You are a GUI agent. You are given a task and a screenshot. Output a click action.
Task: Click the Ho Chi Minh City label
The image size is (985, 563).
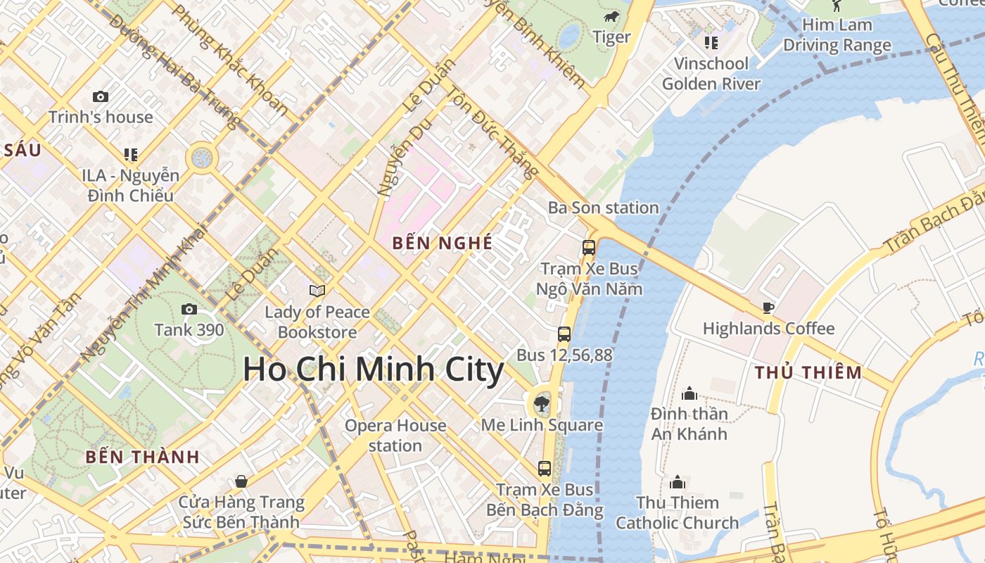click(373, 370)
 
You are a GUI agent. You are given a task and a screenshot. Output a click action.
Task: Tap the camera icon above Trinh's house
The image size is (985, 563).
click(101, 96)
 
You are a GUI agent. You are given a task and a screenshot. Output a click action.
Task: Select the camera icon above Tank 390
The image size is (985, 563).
click(189, 309)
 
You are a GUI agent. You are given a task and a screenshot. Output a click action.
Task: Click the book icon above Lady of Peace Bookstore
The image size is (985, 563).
click(317, 291)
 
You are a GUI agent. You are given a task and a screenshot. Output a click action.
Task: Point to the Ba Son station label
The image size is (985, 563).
click(603, 208)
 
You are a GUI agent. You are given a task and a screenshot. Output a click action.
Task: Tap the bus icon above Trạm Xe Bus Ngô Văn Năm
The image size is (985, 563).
click(589, 248)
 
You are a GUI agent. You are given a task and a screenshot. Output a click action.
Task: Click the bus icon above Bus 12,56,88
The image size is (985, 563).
click(564, 334)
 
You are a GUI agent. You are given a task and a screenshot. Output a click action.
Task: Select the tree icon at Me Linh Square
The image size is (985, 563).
click(541, 404)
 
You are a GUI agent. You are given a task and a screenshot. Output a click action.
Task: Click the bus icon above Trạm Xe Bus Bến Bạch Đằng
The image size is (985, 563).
click(545, 469)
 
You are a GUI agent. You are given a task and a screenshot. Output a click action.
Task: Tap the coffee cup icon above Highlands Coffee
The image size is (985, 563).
click(768, 308)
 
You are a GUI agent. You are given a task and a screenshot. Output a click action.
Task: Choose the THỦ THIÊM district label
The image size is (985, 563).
click(808, 373)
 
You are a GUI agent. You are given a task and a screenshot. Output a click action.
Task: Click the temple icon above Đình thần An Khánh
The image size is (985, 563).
click(689, 393)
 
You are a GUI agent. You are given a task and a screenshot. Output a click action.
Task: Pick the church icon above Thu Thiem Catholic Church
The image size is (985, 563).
click(678, 482)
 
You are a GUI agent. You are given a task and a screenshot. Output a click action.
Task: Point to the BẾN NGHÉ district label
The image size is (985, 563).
click(443, 243)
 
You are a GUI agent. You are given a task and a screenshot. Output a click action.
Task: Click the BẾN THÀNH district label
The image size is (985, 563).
click(143, 457)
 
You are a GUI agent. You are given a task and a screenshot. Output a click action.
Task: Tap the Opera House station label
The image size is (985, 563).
click(395, 436)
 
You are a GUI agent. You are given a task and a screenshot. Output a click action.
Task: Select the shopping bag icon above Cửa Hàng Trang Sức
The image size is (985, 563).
click(241, 481)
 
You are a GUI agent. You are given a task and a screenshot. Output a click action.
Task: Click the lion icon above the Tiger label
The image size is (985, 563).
click(611, 16)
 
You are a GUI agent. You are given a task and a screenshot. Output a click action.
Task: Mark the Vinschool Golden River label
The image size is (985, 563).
click(711, 74)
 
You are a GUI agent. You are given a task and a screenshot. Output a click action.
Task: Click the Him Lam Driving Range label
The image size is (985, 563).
click(837, 35)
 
